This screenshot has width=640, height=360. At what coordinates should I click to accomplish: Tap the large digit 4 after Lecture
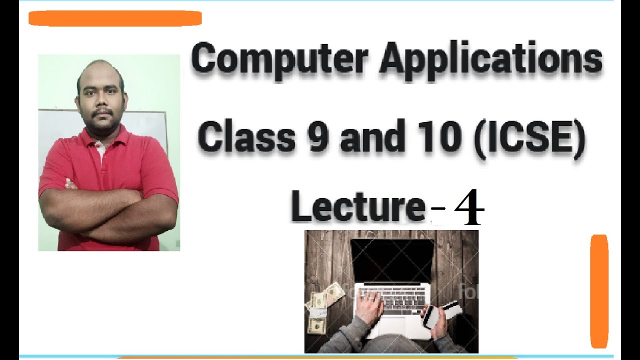pyautogui.click(x=468, y=208)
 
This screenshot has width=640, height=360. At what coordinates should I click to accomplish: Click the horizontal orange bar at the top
pyautogui.click(x=115, y=18)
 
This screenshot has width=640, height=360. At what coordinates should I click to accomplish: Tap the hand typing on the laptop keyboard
pyautogui.click(x=370, y=305)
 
